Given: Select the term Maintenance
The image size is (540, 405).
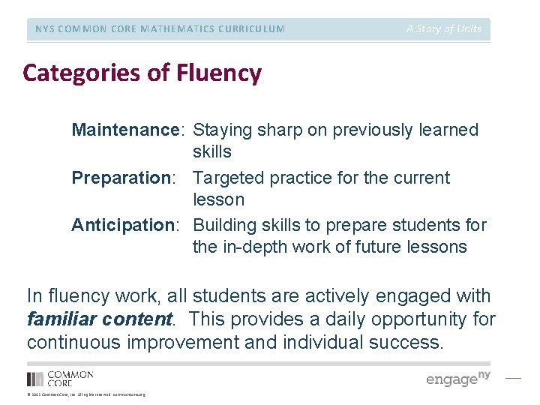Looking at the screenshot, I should pyautogui.click(x=124, y=130).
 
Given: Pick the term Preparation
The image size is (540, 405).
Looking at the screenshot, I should pyautogui.click(x=120, y=178).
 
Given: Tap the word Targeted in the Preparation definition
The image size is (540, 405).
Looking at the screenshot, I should pyautogui.click(x=226, y=178).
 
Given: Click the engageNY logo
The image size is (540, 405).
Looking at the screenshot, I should pyautogui.click(x=458, y=378).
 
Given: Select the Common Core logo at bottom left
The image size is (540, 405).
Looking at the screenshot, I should pyautogui.click(x=60, y=378).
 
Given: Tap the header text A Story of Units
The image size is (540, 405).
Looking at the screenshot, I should pyautogui.click(x=444, y=28).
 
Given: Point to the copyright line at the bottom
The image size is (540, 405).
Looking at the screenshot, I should pyautogui.click(x=86, y=394).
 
